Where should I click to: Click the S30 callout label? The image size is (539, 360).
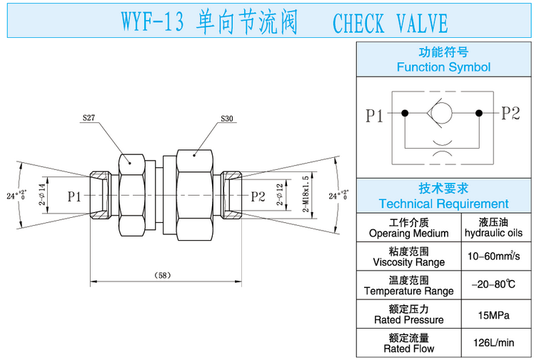227,119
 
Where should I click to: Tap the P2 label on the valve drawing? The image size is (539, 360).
257,195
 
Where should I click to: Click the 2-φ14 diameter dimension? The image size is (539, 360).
42,195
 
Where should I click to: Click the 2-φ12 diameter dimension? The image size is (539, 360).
280,195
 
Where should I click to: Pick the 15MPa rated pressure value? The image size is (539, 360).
493,314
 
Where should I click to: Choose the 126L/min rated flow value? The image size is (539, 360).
493,343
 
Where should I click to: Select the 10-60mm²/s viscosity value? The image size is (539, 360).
493,256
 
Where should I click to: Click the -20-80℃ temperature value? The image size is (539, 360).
493,284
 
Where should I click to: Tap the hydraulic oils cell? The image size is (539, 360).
493,227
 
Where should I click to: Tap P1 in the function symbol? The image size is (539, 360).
376,114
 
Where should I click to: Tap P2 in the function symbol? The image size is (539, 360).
510,113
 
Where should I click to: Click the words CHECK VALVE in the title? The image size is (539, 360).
390,24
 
